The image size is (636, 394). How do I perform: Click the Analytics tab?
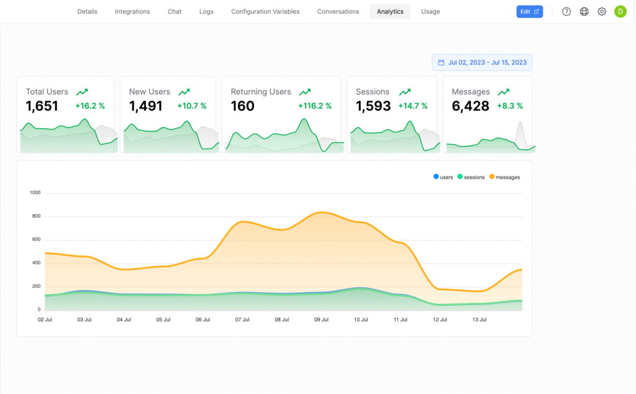(390, 12)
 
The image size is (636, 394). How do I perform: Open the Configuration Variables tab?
(265, 12)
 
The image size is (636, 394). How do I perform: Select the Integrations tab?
(132, 12)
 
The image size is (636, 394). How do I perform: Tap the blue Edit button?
(529, 12)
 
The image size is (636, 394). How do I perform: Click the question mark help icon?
(566, 12)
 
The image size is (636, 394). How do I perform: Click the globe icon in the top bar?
(584, 12)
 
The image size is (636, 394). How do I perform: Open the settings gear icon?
(602, 12)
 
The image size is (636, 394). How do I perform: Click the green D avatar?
(620, 12)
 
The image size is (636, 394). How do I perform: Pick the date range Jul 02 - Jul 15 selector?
(482, 63)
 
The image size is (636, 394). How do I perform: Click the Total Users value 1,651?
(42, 106)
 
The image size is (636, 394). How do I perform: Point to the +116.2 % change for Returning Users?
(315, 106)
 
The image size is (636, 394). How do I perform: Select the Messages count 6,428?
(470, 106)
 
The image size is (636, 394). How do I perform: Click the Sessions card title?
(373, 92)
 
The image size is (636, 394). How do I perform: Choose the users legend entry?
(443, 177)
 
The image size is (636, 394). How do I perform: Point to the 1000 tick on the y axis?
(35, 193)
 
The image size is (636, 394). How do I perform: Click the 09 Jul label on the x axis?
(321, 319)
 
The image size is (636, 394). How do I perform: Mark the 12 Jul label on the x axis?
(440, 319)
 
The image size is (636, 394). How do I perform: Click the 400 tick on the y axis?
(36, 263)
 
